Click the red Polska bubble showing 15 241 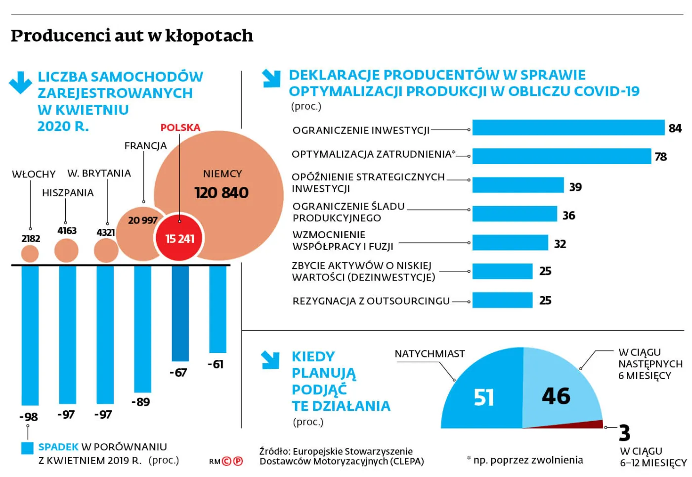(179, 238)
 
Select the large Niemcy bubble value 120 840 (221, 193)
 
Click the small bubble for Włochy (30, 254)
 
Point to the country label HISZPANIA (68, 193)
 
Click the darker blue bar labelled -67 (180, 313)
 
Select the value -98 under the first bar (28, 417)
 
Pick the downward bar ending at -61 (217, 309)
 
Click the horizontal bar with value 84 (568, 128)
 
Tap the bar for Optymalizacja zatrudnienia (562, 156)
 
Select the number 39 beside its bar (575, 187)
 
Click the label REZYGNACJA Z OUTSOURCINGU (371, 301)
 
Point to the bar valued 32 (510, 243)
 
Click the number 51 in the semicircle (483, 397)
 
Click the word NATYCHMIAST (430, 354)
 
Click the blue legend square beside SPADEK (28, 448)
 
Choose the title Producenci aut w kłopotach (132, 36)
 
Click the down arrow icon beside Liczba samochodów (21, 82)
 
